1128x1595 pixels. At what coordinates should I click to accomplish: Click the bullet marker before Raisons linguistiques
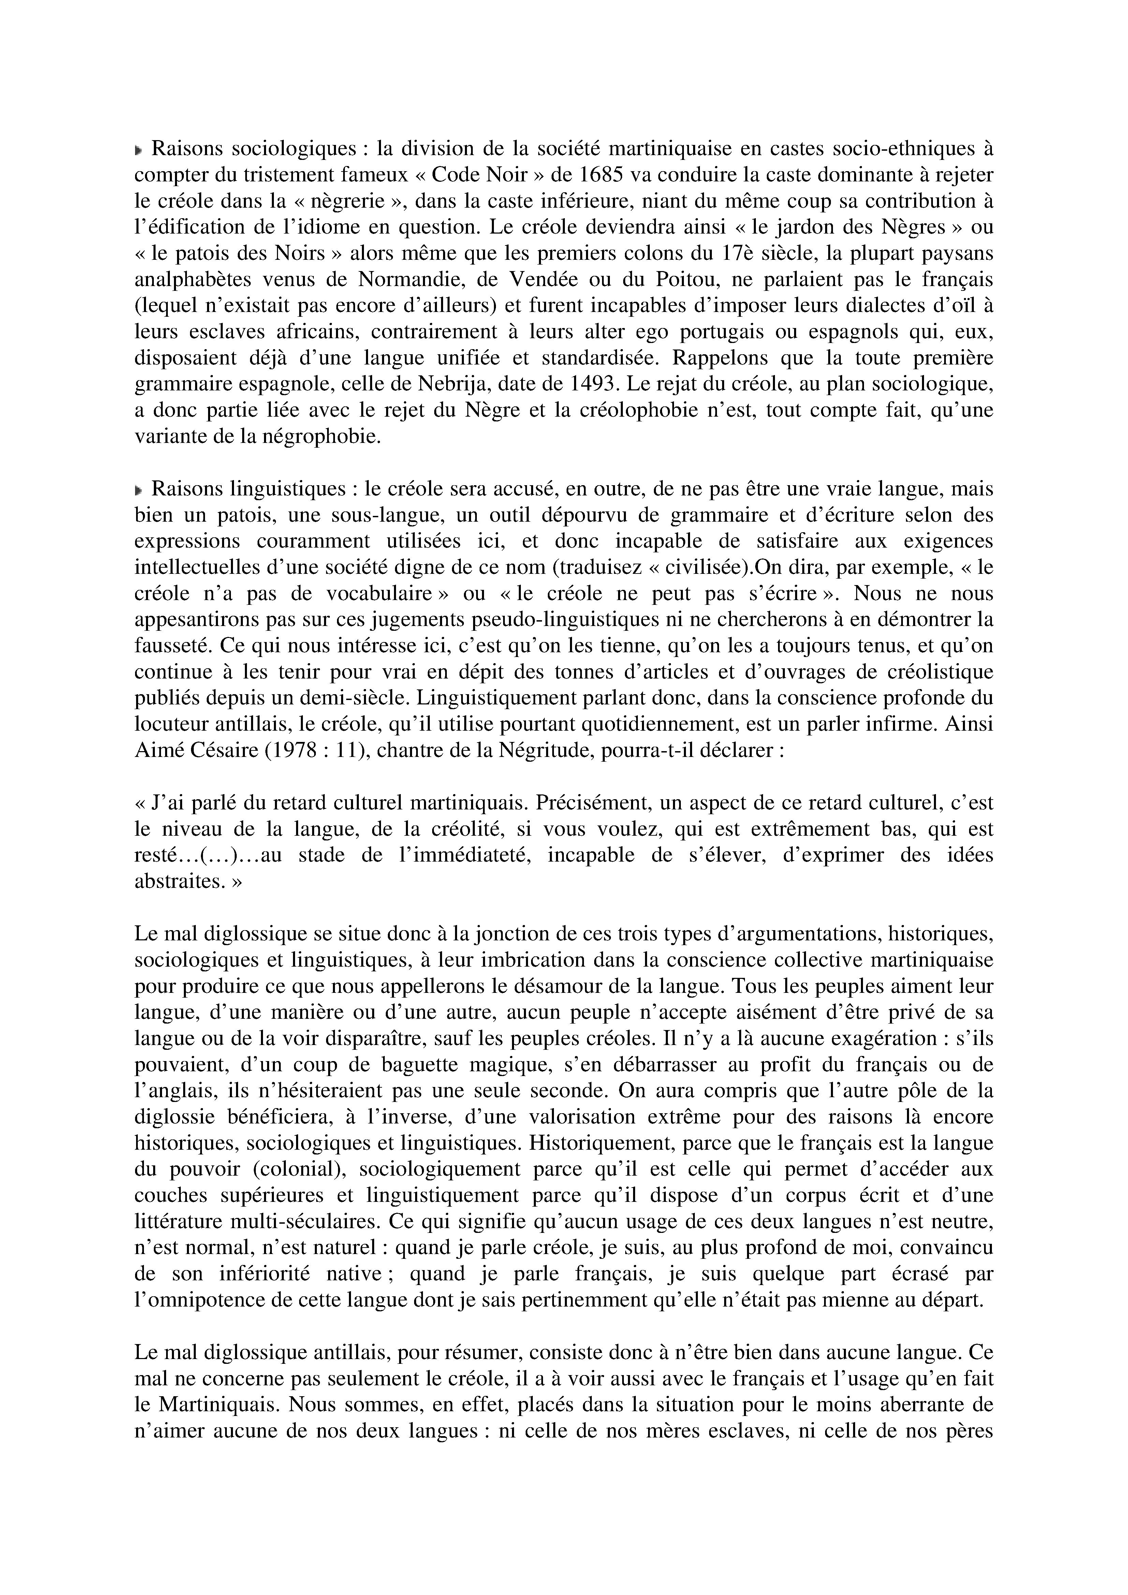139,490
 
